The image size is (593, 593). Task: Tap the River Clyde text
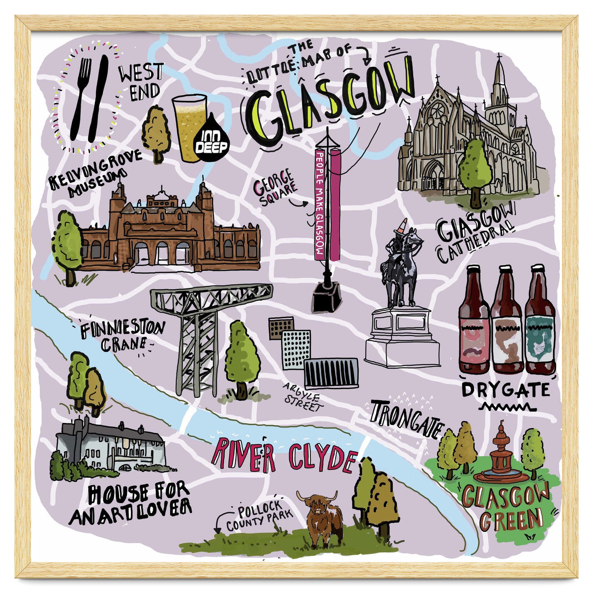tap(284, 455)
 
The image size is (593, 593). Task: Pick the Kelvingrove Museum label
tap(94, 175)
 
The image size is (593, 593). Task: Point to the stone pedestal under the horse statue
tap(401, 336)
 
